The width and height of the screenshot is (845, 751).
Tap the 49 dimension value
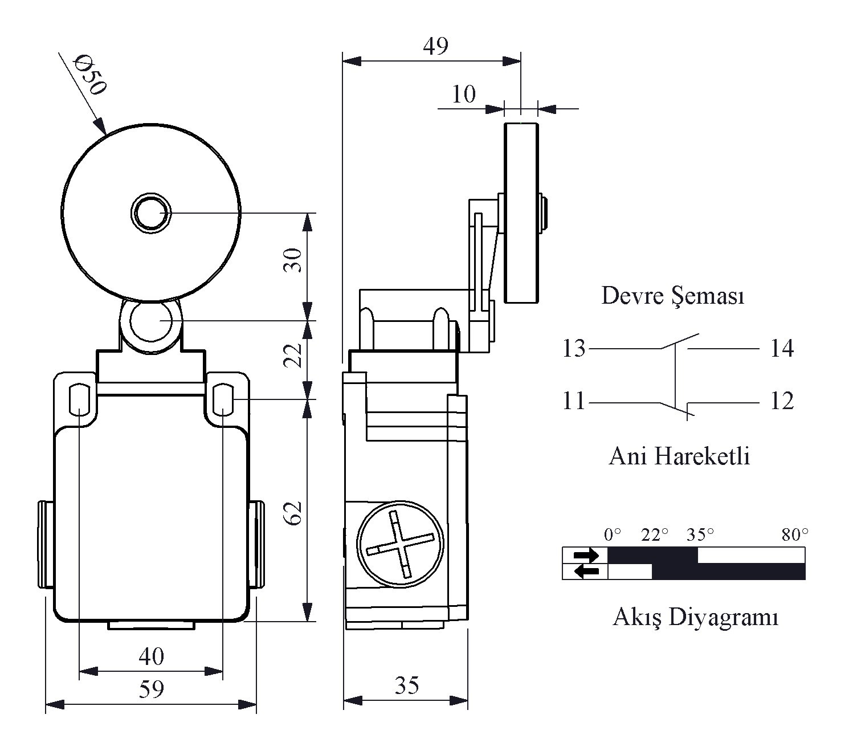[435, 46]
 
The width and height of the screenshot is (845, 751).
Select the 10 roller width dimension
[463, 94]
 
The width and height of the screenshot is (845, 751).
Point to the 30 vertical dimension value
[293, 260]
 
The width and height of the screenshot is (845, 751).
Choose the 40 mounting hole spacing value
[151, 656]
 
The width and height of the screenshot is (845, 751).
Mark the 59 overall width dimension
[151, 689]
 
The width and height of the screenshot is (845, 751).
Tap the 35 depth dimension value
[407, 685]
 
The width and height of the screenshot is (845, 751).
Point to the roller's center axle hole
[151, 213]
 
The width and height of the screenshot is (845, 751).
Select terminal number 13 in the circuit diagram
[574, 348]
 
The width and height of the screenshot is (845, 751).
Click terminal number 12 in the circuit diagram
[782, 401]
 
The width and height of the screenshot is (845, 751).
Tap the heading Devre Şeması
[673, 296]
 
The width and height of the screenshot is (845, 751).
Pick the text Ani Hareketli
[679, 456]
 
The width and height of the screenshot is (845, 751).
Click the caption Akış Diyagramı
[695, 617]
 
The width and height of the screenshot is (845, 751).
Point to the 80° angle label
[795, 534]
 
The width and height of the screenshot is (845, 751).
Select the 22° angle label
[654, 534]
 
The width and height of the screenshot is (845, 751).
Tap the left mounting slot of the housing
[78, 398]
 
